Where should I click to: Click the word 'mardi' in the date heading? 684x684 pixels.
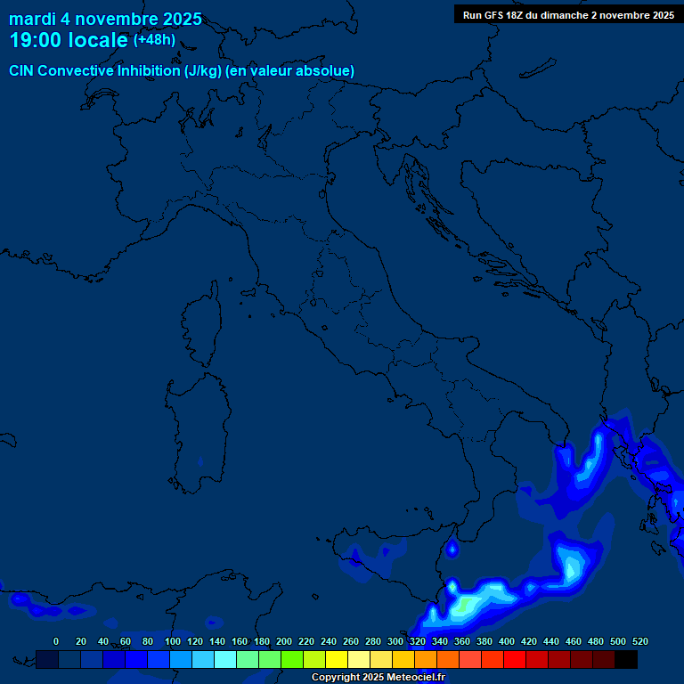[32, 19]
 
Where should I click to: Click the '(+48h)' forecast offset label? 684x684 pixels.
[154, 40]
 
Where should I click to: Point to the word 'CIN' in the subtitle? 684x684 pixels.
[21, 70]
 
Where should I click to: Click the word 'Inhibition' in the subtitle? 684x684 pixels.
[149, 70]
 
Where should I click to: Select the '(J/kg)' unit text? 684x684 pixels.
[203, 70]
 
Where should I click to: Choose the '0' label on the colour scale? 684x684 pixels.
[56, 641]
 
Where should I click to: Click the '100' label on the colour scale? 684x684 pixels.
[172, 641]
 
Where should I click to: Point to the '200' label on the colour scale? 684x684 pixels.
[284, 641]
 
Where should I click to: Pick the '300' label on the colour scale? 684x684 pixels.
[395, 641]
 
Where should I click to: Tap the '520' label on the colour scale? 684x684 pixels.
[639, 641]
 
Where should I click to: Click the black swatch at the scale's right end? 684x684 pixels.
[626, 659]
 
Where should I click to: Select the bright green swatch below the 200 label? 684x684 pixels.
[292, 659]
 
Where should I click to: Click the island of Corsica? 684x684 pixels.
[203, 325]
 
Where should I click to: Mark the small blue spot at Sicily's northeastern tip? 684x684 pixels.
[452, 549]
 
